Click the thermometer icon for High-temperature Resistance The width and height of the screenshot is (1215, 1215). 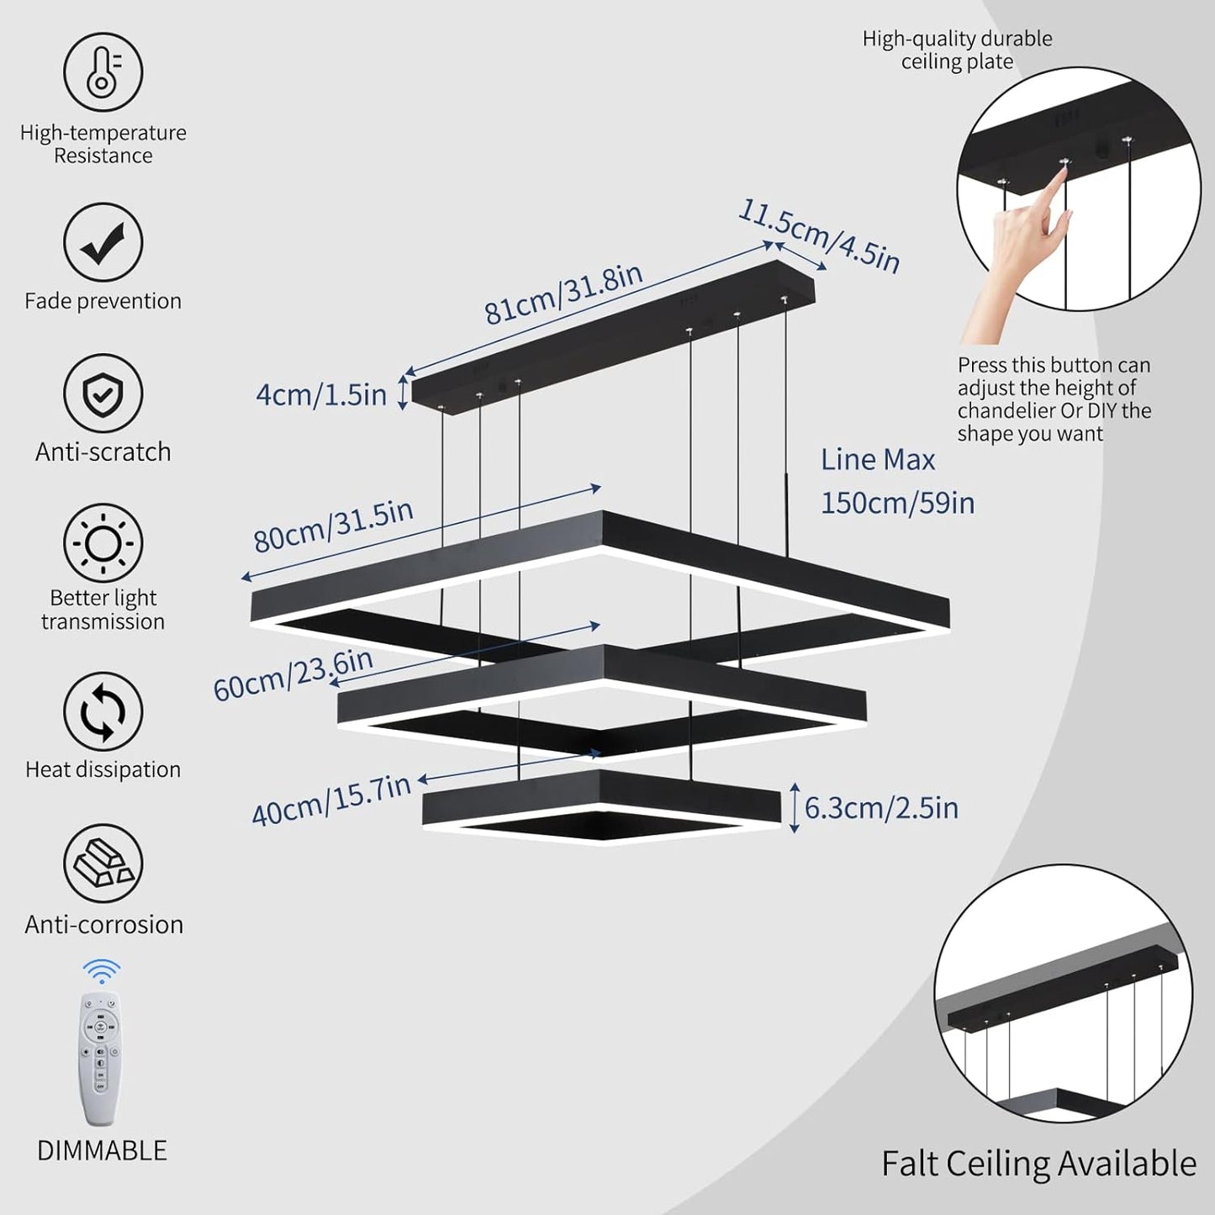click(103, 72)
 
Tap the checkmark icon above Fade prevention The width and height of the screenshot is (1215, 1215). click(103, 243)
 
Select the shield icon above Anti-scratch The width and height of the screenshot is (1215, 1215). click(103, 394)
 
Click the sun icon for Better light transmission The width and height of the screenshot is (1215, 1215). click(103, 543)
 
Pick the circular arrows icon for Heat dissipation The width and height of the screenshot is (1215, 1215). click(103, 711)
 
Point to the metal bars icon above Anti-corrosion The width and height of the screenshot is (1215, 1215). click(103, 864)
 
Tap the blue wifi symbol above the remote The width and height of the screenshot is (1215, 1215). click(102, 971)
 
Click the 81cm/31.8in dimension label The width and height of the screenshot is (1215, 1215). click(563, 293)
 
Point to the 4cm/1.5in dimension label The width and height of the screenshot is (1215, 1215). click(321, 394)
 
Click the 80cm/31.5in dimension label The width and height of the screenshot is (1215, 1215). click(333, 526)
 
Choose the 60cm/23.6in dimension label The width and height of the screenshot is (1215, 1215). click(293, 675)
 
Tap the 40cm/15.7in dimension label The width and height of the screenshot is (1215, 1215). click(331, 800)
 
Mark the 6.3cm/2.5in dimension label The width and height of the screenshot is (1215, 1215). click(881, 808)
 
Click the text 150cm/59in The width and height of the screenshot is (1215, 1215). click(897, 503)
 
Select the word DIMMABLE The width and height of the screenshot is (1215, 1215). click(102, 1150)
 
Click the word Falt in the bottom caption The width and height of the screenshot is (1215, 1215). click(909, 1165)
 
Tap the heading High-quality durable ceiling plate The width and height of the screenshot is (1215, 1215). click(957, 50)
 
